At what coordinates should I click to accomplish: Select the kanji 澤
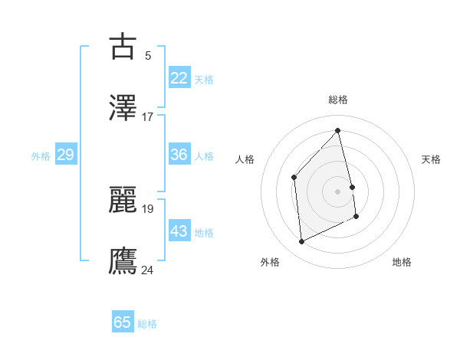tap(123, 108)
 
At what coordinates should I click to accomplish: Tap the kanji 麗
tap(123, 200)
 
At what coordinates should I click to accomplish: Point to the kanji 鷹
tap(123, 261)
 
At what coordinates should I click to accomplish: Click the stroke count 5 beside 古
tap(148, 55)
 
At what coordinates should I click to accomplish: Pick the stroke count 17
tap(148, 116)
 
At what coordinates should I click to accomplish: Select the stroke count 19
tap(148, 208)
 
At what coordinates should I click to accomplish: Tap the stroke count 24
tap(148, 270)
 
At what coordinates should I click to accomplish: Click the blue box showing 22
tap(179, 78)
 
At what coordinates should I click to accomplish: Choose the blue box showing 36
tap(179, 155)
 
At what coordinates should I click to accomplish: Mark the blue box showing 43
tap(179, 231)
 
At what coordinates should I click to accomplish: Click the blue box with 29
tap(65, 155)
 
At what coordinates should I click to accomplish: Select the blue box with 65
tap(123, 322)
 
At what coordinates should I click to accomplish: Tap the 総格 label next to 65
tap(147, 324)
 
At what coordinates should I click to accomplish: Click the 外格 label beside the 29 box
tap(41, 156)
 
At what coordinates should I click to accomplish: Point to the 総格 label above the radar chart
tap(337, 100)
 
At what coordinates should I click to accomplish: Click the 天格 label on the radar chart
tap(432, 159)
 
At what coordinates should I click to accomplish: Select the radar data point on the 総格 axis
tap(337, 130)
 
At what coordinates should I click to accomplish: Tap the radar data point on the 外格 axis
tap(301, 242)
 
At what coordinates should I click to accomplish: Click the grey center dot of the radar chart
tap(337, 191)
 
